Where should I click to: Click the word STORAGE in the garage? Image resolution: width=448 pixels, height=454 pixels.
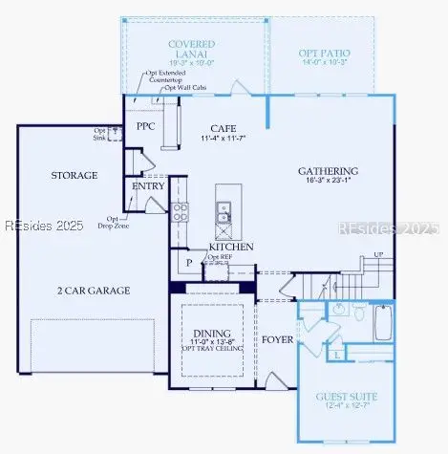74,176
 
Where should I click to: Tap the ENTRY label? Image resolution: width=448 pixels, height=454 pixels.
148,186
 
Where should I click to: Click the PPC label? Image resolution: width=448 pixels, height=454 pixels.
146,126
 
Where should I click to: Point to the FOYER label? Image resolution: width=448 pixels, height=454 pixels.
278,337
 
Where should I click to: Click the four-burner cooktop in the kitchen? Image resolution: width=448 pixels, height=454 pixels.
180,212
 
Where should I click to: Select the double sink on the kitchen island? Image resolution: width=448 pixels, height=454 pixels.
223,211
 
